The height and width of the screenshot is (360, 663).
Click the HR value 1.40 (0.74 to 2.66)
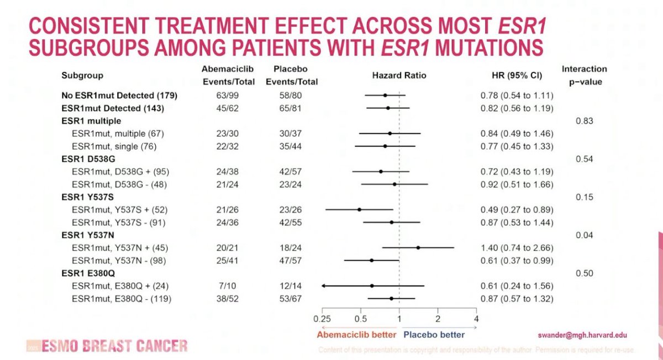(x=517, y=248)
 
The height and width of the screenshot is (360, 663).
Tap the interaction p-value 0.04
(x=585, y=235)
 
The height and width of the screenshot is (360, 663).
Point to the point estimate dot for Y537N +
(x=418, y=248)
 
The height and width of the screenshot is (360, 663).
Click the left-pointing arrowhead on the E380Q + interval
(x=323, y=286)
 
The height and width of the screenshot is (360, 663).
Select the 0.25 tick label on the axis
(x=322, y=319)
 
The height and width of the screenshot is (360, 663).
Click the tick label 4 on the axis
(x=476, y=319)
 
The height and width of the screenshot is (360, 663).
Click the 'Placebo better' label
(x=434, y=335)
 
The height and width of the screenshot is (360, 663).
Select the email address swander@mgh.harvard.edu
(x=582, y=335)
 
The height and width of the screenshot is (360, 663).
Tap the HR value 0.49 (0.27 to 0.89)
(x=517, y=210)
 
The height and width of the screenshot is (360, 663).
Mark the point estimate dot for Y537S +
(x=359, y=210)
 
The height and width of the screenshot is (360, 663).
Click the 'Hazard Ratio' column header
(x=399, y=75)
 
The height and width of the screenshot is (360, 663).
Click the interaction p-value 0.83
(x=585, y=121)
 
